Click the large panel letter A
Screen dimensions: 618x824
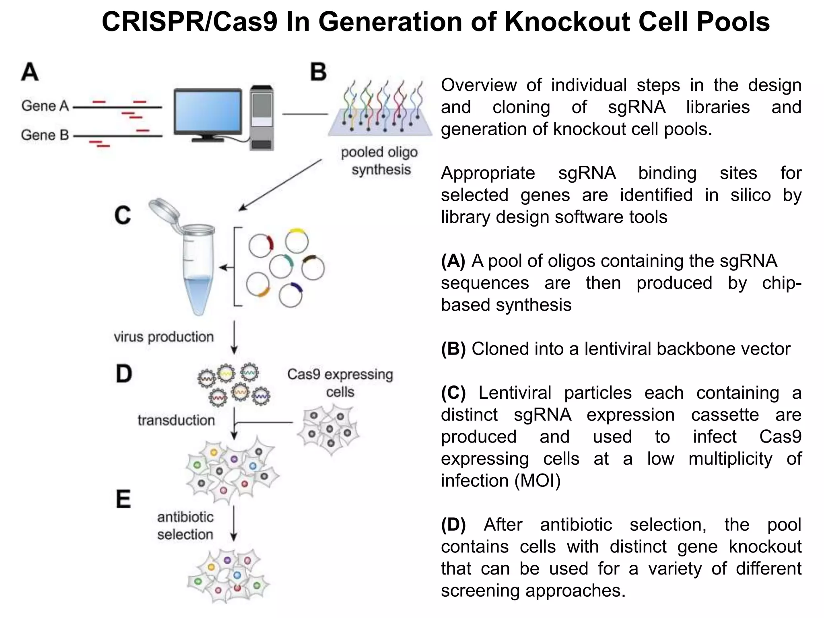click(x=30, y=72)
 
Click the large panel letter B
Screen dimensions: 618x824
click(x=318, y=72)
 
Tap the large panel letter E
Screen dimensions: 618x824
click(x=123, y=499)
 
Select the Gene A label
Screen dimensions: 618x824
click(x=45, y=106)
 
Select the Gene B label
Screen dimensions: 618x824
click(x=45, y=135)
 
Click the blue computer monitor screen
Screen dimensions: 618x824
click(x=208, y=111)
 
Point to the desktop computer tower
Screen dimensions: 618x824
click(x=262, y=118)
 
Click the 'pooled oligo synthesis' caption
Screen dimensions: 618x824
click(x=379, y=161)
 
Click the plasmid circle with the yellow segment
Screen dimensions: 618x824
click(x=297, y=241)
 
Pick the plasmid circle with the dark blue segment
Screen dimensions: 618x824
click(x=290, y=295)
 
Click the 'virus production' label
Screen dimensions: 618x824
click(x=164, y=337)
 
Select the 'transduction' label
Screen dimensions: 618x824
click(x=176, y=420)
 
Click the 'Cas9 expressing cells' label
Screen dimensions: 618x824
click(x=340, y=383)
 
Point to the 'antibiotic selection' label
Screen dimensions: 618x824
click(x=185, y=525)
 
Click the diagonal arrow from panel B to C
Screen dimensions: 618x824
click(x=280, y=185)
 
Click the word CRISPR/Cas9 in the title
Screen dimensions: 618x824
click(x=190, y=22)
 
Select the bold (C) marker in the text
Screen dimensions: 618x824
click(x=453, y=393)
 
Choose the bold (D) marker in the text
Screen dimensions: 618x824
click(x=453, y=525)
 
